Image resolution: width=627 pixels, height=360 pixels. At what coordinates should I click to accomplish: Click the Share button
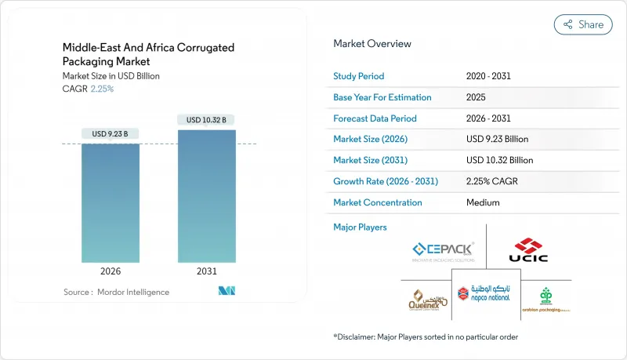coord(583,24)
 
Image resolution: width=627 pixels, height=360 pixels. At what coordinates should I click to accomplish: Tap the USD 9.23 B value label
coord(111,134)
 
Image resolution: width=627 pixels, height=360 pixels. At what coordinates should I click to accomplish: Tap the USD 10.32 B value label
coord(206,120)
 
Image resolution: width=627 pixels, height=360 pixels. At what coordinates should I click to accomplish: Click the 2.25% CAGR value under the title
coord(102,89)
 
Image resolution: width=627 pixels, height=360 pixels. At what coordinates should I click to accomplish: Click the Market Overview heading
coord(372,44)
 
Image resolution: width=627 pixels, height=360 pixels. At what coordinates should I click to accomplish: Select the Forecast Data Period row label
coord(375,118)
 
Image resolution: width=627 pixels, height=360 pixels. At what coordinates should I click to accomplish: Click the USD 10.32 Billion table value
coord(499,160)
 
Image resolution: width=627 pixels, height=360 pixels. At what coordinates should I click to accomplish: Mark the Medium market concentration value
coord(482,202)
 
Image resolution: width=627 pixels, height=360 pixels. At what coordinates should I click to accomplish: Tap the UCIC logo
coord(529,250)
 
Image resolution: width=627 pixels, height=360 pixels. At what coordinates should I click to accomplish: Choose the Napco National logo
coord(486,293)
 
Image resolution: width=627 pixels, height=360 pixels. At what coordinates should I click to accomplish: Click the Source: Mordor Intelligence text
coord(116,292)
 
